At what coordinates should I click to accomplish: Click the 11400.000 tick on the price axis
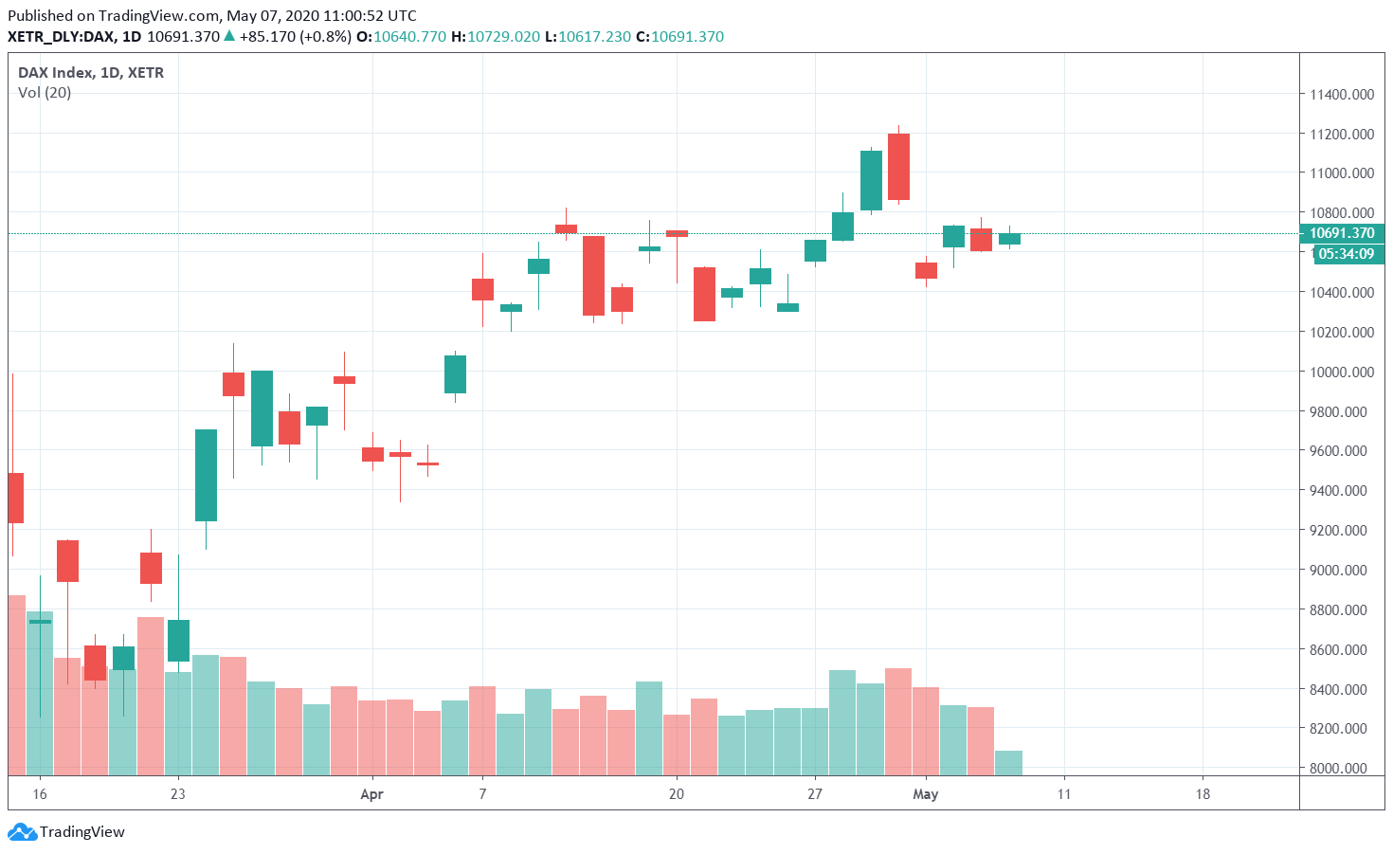(x=1342, y=95)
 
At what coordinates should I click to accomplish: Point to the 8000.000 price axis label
(x=1342, y=768)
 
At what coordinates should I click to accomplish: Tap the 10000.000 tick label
(x=1342, y=372)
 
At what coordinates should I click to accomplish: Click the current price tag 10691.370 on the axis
(x=1342, y=233)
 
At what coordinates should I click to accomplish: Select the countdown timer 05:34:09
(x=1347, y=254)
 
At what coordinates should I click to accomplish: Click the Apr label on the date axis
(x=371, y=794)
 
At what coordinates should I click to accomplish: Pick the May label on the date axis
(x=925, y=794)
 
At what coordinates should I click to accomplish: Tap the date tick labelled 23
(x=178, y=794)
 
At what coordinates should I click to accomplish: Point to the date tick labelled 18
(x=1203, y=794)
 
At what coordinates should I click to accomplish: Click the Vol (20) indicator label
(x=45, y=93)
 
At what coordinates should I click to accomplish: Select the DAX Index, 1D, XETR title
(x=91, y=73)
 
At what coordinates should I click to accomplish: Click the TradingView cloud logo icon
(x=23, y=832)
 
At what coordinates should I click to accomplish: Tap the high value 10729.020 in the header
(x=504, y=37)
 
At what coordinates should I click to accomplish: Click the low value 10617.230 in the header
(x=594, y=37)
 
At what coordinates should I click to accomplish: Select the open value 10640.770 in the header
(x=409, y=37)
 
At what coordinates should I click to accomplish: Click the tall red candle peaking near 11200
(x=898, y=167)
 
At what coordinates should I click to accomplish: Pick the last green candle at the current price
(x=1009, y=239)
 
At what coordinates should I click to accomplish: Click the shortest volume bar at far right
(x=1008, y=763)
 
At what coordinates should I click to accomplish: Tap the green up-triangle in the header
(x=229, y=36)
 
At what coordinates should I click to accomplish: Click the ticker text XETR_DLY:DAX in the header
(x=61, y=37)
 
